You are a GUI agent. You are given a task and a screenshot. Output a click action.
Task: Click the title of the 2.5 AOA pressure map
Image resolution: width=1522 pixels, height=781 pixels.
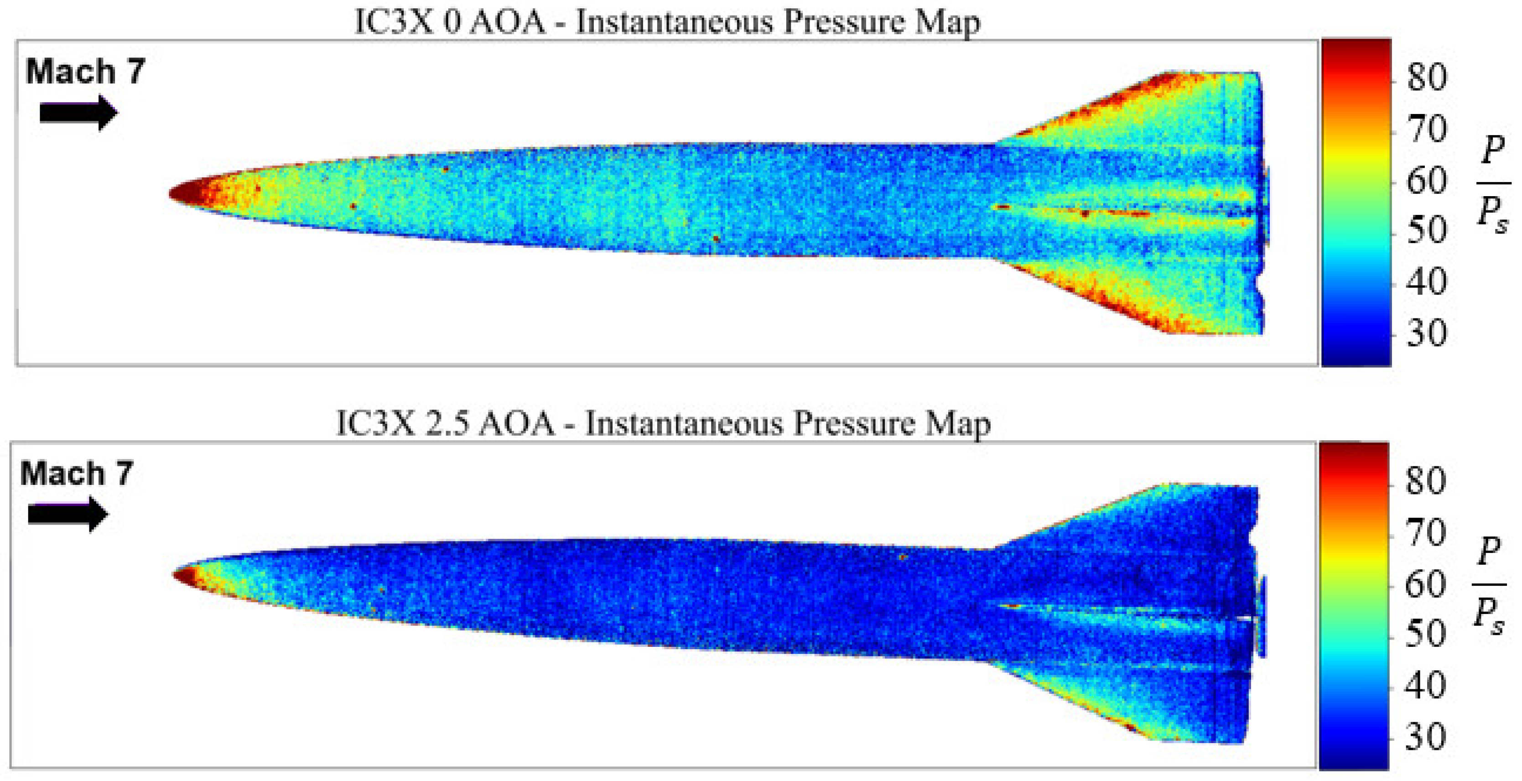(x=663, y=424)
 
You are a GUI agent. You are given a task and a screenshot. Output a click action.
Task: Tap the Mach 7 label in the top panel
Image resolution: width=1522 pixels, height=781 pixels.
(x=85, y=72)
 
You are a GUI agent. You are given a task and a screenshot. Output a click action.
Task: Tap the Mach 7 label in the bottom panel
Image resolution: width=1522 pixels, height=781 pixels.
(x=77, y=474)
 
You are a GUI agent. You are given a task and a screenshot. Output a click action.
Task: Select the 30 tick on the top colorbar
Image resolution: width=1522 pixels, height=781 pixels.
(x=1426, y=334)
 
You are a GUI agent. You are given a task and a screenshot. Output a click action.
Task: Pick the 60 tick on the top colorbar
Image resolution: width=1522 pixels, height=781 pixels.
(x=1426, y=180)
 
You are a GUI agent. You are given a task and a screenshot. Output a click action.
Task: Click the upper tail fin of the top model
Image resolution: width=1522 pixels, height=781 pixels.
(x=1152, y=112)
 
